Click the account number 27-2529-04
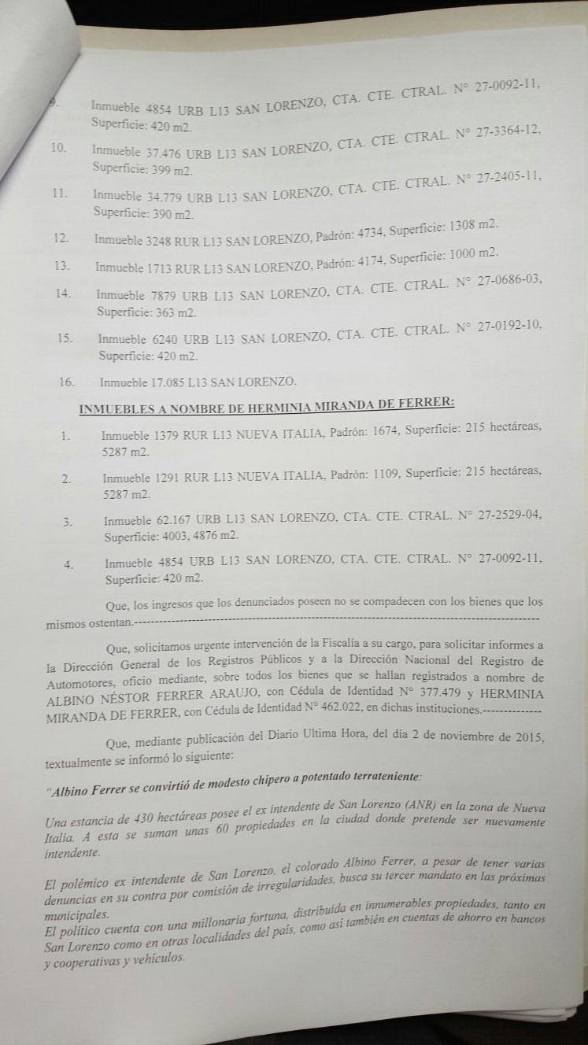pos(512,516)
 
